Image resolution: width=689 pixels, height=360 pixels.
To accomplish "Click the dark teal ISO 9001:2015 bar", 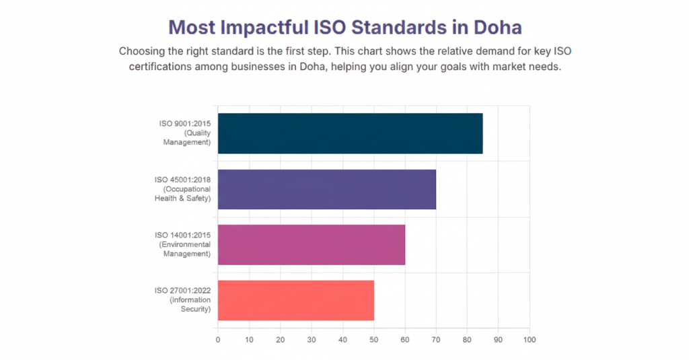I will tap(350, 133).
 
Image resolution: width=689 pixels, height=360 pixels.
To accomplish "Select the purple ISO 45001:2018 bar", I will tap(326, 189).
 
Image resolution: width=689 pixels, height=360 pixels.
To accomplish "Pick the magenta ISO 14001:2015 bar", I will tap(311, 244).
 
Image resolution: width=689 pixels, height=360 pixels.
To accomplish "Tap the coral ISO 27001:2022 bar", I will tap(295, 300).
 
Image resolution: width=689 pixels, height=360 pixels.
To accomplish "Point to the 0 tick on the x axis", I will tap(218, 340).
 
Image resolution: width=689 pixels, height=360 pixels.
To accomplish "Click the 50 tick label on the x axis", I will tap(373, 340).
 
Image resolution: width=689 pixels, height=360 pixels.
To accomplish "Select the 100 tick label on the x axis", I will tap(530, 340).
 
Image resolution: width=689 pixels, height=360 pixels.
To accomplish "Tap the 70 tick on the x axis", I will tap(436, 340).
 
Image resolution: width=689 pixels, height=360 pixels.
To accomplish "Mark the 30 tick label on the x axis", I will tap(312, 340).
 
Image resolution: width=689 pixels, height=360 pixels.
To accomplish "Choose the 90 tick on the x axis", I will tap(499, 340).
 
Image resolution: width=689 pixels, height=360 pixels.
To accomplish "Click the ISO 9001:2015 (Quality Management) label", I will tap(185, 133).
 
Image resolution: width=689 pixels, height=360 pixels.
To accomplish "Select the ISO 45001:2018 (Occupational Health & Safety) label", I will tap(182, 188).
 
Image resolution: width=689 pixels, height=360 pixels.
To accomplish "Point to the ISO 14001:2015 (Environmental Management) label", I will tap(184, 244).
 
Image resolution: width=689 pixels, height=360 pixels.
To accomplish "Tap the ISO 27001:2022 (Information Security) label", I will tap(183, 299).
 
